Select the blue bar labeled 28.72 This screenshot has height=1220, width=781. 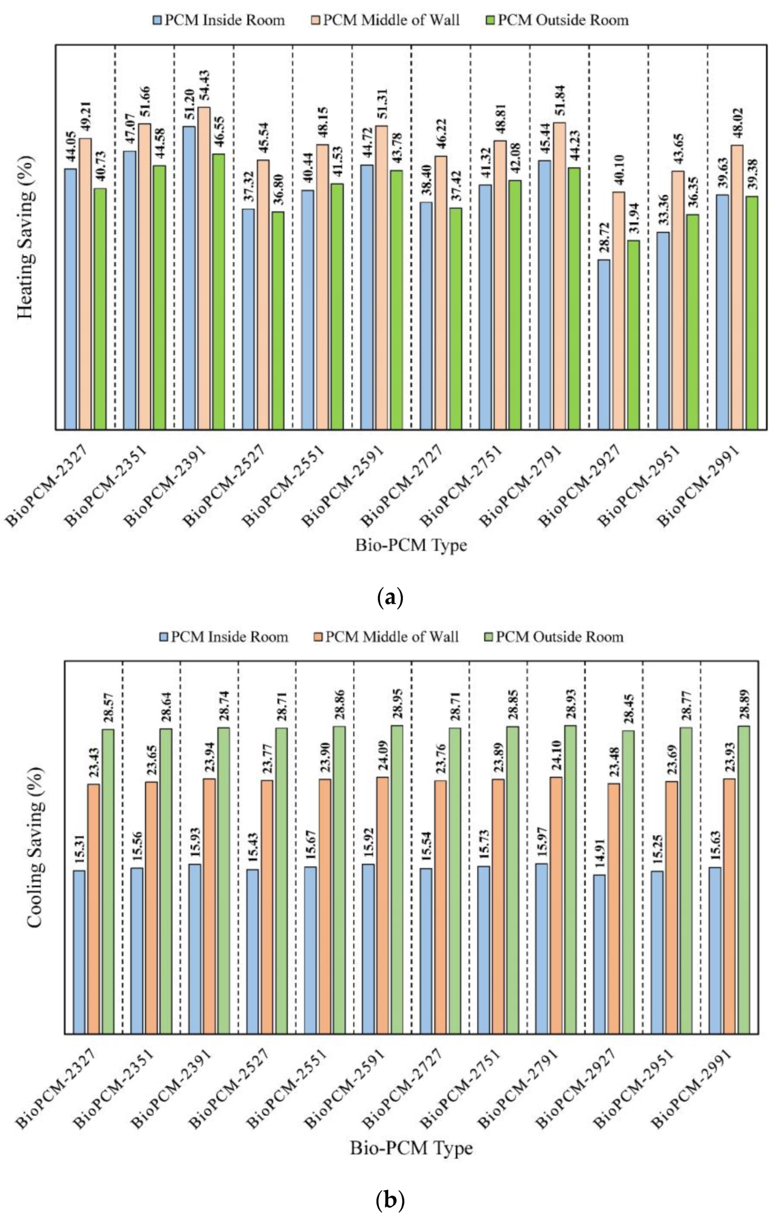coord(603,345)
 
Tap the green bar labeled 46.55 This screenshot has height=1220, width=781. coord(219,292)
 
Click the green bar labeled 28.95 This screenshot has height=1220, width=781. coord(397,879)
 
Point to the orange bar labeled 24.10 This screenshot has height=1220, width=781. coord(556,905)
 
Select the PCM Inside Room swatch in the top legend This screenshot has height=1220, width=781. coord(157,20)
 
